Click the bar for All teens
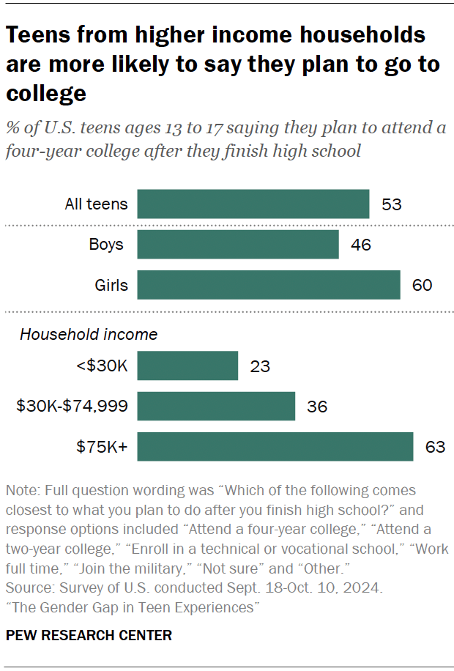(x=253, y=204)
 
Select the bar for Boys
(x=237, y=245)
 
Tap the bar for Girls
(x=268, y=285)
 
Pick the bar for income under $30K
(x=187, y=366)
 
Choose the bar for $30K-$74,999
(x=216, y=406)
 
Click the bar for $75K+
(x=275, y=446)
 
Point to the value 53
(x=392, y=204)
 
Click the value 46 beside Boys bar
(x=360, y=245)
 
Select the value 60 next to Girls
(x=422, y=285)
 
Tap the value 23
(x=259, y=366)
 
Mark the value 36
(x=316, y=406)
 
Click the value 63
(x=435, y=446)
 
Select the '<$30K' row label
(x=102, y=366)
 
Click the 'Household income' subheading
(x=88, y=335)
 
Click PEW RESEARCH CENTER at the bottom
(x=89, y=635)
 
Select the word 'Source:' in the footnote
(x=29, y=588)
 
